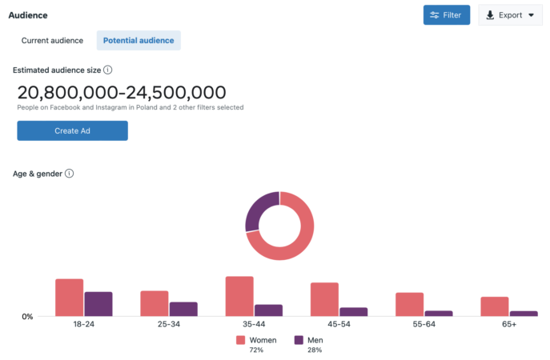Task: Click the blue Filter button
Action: [447, 15]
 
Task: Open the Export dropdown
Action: [510, 15]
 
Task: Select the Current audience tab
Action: [52, 40]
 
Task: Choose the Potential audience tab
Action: [139, 40]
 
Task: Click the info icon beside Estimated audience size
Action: [107, 70]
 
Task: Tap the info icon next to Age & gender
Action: [69, 174]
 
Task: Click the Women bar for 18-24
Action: [70, 298]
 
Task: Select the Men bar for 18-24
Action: [98, 304]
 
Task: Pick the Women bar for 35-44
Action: [239, 296]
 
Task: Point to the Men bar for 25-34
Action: [183, 309]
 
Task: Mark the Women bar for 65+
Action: [495, 306]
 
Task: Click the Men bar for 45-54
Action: [353, 312]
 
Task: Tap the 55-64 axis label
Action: [424, 324]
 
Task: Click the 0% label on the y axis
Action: [26, 317]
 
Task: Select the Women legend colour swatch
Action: [241, 340]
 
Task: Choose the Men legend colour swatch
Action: [299, 340]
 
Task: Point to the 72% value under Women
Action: [256, 350]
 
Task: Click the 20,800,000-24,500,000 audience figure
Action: [122, 92]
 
